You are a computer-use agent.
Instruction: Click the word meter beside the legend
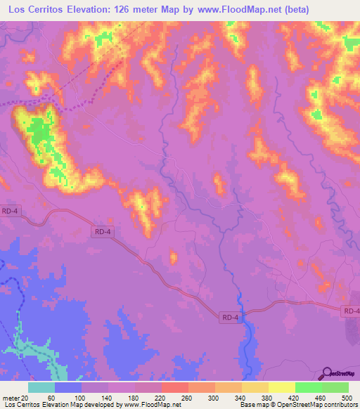pyautogui.click(x=10, y=397)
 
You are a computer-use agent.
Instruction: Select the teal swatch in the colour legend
pyautogui.click(x=41, y=387)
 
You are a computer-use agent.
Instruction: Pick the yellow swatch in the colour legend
pyautogui.click(x=282, y=387)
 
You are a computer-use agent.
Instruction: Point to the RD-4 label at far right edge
pyautogui.click(x=351, y=311)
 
